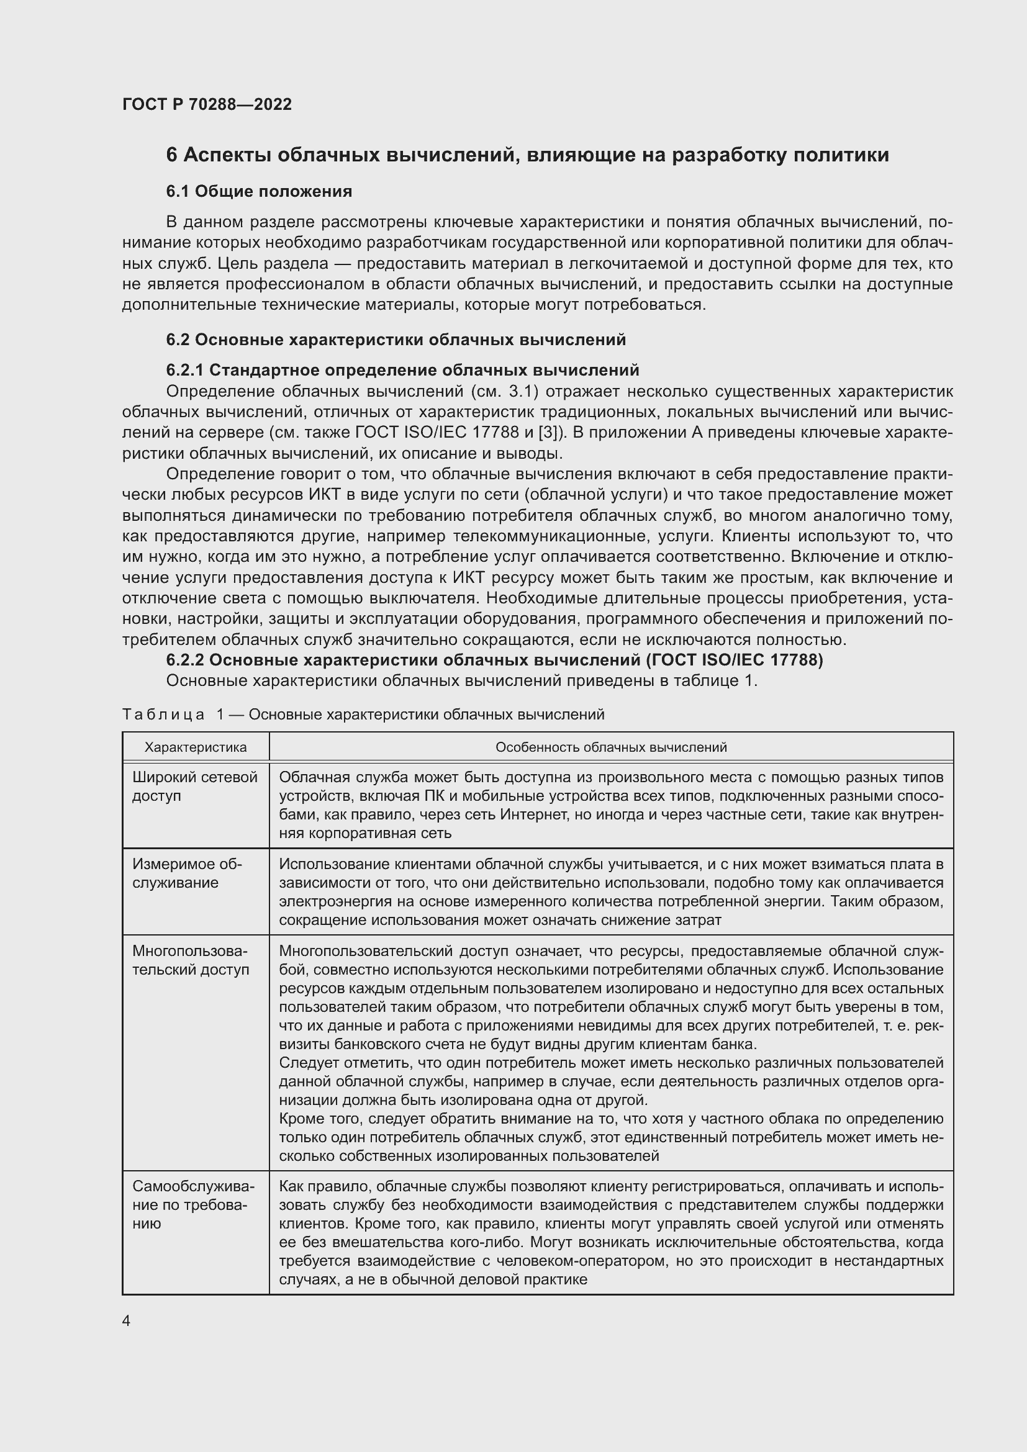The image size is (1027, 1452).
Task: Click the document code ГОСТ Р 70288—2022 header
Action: point(207,104)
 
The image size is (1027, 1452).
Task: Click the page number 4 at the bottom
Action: point(127,1321)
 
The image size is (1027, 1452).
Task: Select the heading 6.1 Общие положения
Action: point(259,191)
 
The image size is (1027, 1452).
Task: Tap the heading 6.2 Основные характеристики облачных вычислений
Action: point(396,340)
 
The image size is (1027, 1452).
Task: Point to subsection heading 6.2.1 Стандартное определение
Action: point(402,370)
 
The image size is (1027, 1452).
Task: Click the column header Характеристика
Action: point(196,747)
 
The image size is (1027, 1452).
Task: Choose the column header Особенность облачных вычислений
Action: point(611,747)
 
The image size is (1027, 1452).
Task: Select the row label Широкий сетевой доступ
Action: point(195,786)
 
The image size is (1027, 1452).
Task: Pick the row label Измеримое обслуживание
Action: point(187,873)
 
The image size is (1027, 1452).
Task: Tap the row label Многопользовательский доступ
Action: point(191,960)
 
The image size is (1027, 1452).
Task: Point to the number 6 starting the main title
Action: point(171,155)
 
